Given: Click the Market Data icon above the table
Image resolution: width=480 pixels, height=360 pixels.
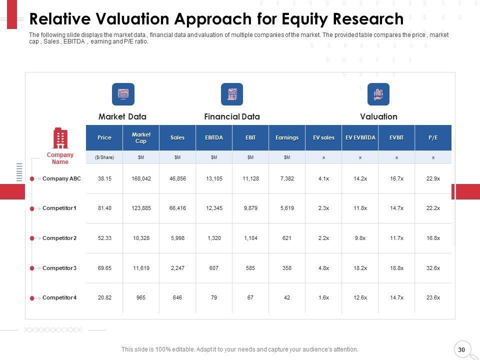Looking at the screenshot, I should point(123,94).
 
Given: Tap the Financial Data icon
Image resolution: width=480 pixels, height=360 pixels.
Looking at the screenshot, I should point(232,94).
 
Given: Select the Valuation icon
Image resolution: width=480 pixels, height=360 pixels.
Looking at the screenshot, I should point(378,94).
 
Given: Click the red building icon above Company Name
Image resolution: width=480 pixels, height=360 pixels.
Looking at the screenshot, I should point(60,138).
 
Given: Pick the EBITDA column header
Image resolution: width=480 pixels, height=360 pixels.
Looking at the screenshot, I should point(214,137).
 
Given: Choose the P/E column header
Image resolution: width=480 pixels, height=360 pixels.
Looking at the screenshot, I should point(433,137).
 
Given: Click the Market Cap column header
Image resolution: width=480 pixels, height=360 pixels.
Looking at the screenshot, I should point(141,137).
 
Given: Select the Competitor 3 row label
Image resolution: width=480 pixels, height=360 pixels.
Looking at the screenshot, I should point(59,268).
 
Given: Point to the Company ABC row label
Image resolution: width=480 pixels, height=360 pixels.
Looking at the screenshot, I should point(61,178).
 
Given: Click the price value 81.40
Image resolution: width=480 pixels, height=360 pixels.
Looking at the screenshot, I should point(104,208).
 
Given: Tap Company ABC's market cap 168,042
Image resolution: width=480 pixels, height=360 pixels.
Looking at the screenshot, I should point(141,178).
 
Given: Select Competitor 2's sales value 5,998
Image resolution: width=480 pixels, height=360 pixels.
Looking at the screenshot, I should point(177,238).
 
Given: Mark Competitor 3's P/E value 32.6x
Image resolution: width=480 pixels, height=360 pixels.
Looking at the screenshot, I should point(433,268).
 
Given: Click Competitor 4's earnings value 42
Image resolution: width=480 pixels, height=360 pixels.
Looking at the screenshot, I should point(287,297).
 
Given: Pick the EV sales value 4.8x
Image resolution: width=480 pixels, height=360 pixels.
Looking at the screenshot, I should point(323,268).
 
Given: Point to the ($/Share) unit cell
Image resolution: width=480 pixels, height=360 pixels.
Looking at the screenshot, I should point(104,157).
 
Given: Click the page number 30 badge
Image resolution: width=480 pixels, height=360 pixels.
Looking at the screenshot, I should point(461,349).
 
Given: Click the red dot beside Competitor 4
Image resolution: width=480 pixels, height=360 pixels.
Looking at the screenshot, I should point(32,298).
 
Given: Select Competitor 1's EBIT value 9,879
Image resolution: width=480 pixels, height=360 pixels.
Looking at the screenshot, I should point(250,208).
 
